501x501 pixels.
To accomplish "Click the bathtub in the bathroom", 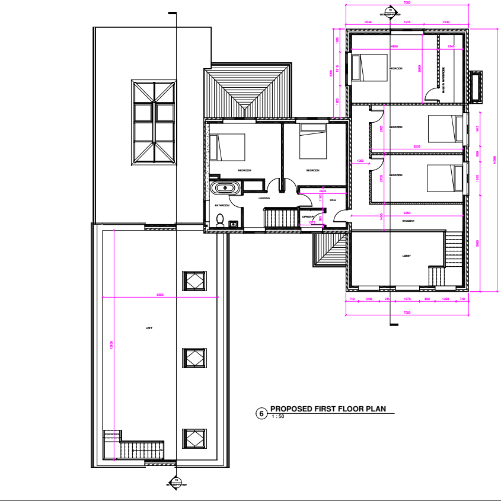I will coord(225,188).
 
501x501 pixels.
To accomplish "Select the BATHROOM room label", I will coord(222,205).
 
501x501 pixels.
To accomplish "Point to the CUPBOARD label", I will coord(309,217).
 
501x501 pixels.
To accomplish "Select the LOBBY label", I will coord(407,256).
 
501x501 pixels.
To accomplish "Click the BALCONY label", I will coord(407,221).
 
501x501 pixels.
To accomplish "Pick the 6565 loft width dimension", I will coord(160,295).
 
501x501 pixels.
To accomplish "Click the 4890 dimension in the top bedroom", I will coord(394,46).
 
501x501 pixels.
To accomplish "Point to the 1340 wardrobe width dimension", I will coord(451,46).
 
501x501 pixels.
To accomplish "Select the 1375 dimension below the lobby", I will coord(407,300).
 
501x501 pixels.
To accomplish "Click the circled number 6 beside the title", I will coord(260,413).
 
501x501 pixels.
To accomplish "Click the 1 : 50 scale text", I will coord(277,417).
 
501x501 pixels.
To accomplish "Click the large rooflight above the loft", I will coord(154,123).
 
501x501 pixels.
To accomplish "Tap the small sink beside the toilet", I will coord(234,224).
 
